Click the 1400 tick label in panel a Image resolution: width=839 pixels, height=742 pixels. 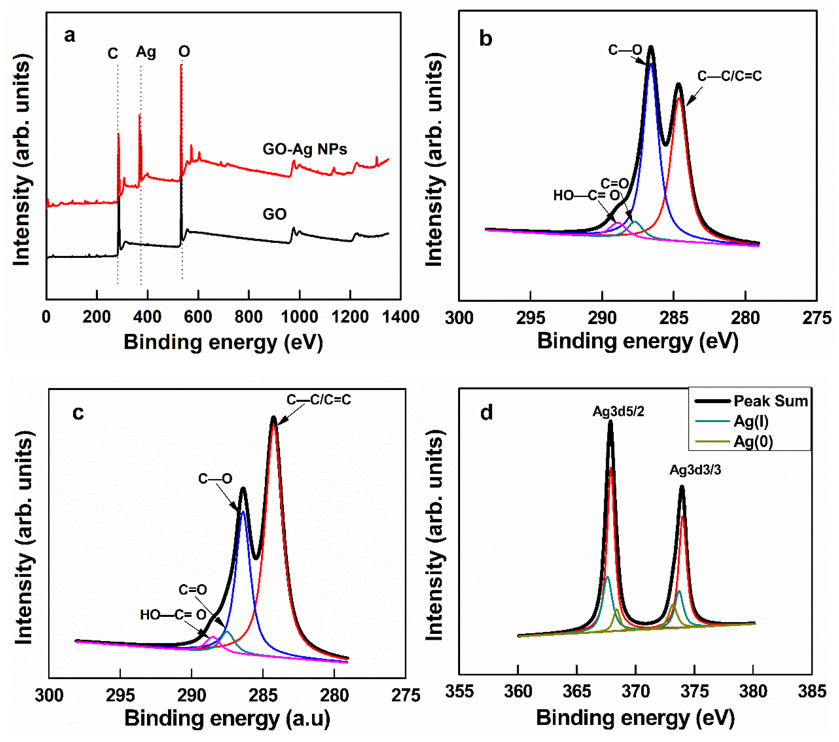(401, 317)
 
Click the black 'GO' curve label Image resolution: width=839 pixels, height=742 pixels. (275, 214)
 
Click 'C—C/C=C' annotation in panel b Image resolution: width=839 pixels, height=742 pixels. (729, 76)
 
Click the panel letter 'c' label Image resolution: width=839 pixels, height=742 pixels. (78, 412)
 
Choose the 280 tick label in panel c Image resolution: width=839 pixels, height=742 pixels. (334, 696)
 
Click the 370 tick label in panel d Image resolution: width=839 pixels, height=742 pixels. (635, 692)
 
